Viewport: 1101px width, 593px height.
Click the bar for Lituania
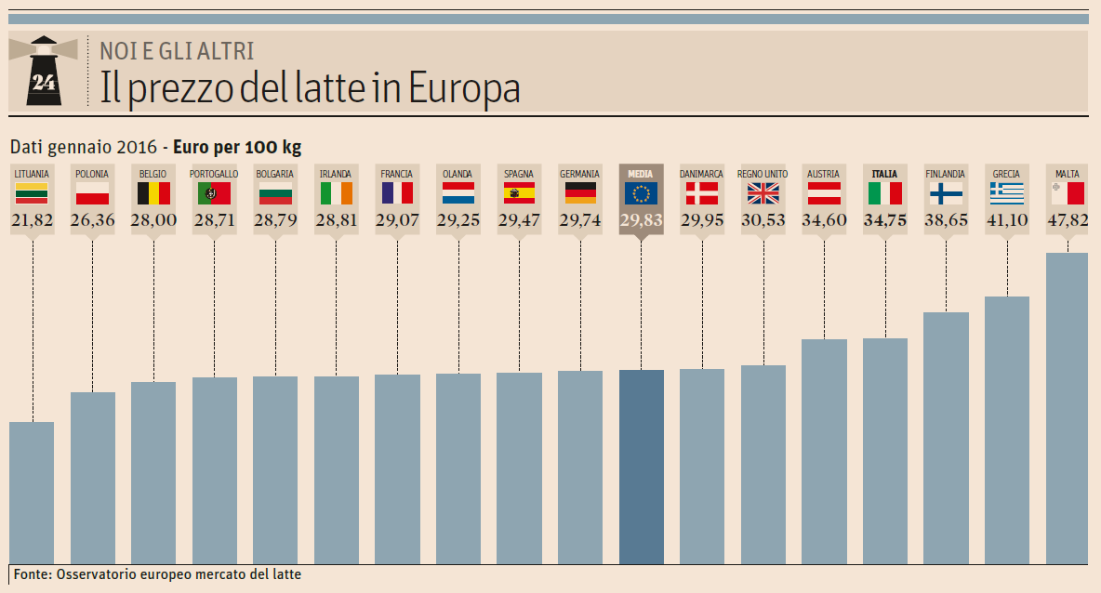point(32,493)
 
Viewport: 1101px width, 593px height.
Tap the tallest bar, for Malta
point(1067,408)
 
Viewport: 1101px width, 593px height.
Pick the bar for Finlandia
point(946,438)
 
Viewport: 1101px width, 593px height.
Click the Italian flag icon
point(884,193)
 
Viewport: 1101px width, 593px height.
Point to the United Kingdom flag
point(763,193)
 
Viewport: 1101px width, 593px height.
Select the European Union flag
point(641,193)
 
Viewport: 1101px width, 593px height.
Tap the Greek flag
point(1006,193)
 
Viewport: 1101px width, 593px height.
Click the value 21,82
point(32,220)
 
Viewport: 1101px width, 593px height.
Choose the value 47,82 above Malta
point(1067,220)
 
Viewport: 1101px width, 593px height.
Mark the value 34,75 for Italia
point(884,220)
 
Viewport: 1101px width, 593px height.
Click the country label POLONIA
point(92,174)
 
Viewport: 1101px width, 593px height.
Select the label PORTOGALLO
point(214,174)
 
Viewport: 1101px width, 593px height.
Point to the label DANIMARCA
point(701,174)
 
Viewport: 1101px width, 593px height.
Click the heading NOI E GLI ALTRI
point(177,51)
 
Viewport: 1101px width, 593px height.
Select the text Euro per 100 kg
point(237,147)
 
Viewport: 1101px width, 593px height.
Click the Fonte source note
point(157,574)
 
